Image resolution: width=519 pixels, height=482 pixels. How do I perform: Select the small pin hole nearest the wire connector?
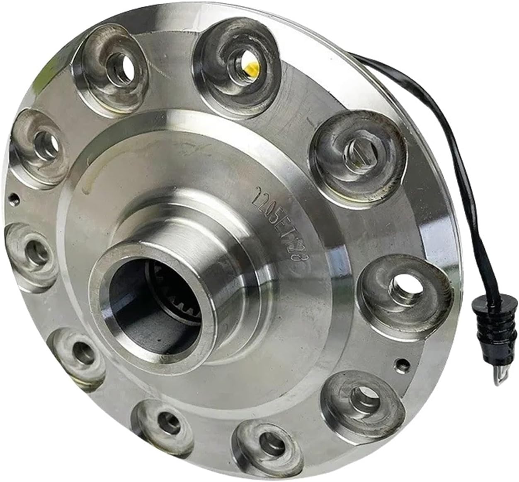(400, 364)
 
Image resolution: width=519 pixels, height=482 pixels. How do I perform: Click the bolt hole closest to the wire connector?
(403, 286)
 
